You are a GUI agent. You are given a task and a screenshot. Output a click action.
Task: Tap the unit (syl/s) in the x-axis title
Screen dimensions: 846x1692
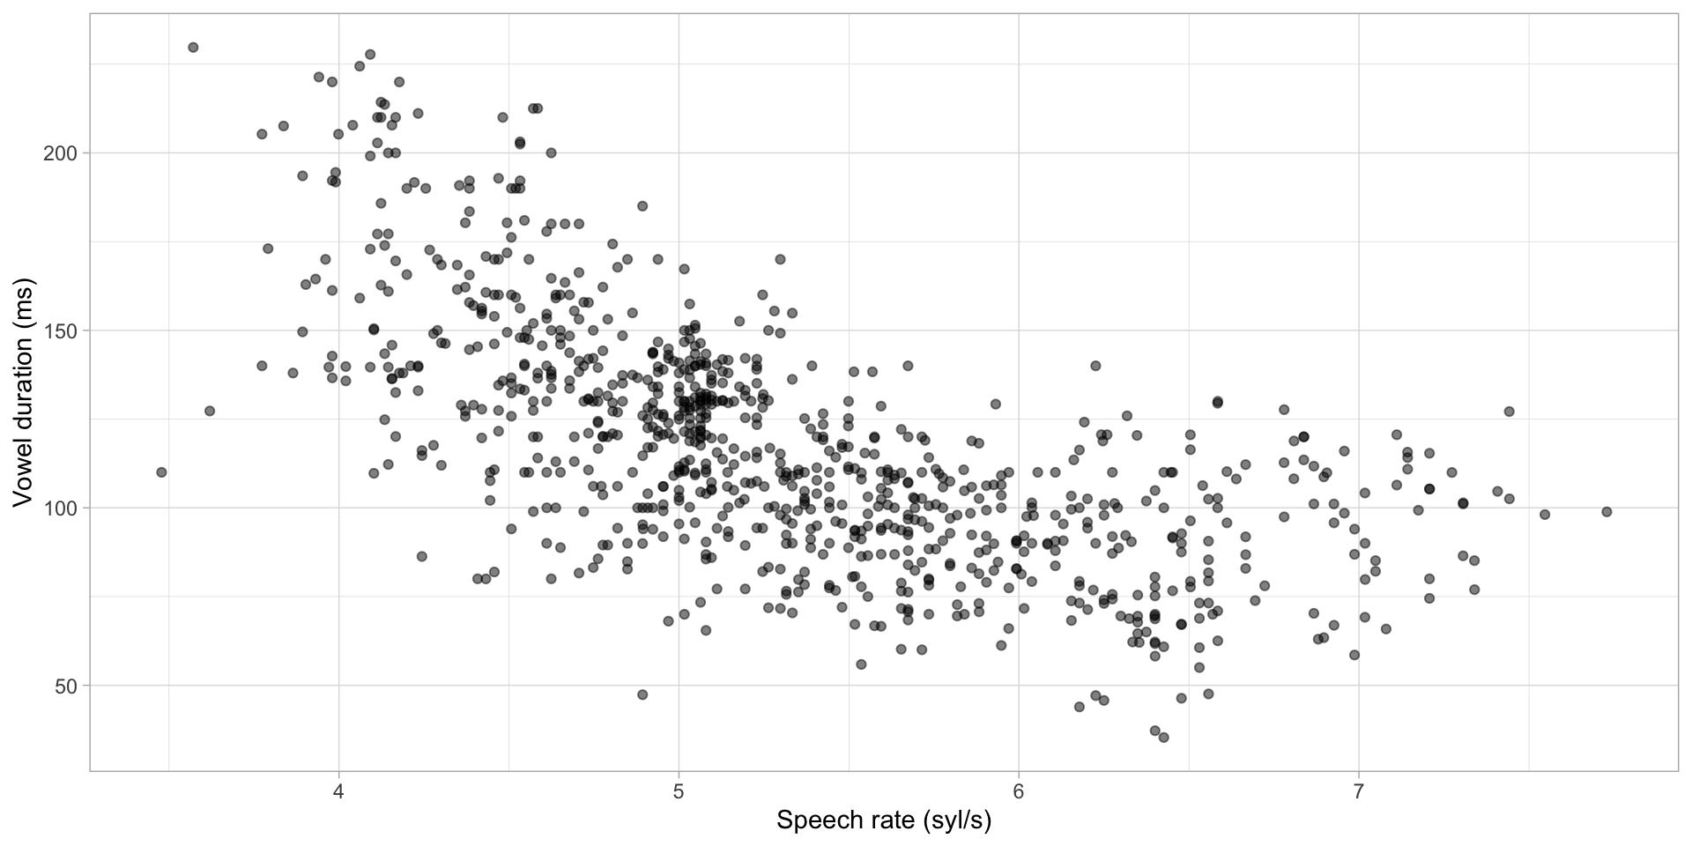(957, 821)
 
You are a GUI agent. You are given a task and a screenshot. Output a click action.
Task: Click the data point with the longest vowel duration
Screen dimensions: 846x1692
(193, 48)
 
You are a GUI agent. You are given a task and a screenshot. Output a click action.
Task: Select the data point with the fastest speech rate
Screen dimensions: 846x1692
(1607, 512)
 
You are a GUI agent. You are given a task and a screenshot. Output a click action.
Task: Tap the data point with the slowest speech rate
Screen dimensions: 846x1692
(161, 472)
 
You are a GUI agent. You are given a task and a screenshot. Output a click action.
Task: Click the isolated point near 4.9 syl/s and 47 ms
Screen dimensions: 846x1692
(642, 694)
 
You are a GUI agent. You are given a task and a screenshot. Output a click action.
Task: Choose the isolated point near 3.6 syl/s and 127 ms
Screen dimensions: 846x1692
(209, 412)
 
